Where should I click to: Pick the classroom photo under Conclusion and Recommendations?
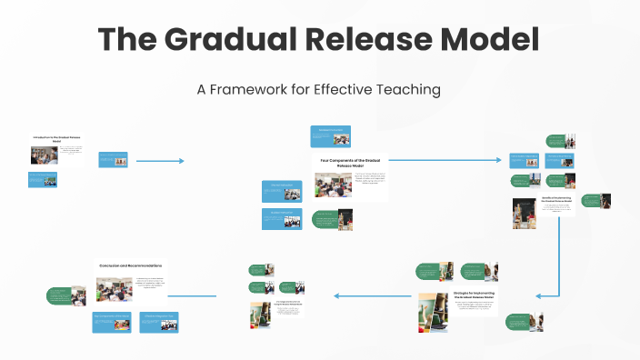click(x=115, y=290)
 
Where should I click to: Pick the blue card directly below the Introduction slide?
click(x=42, y=178)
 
